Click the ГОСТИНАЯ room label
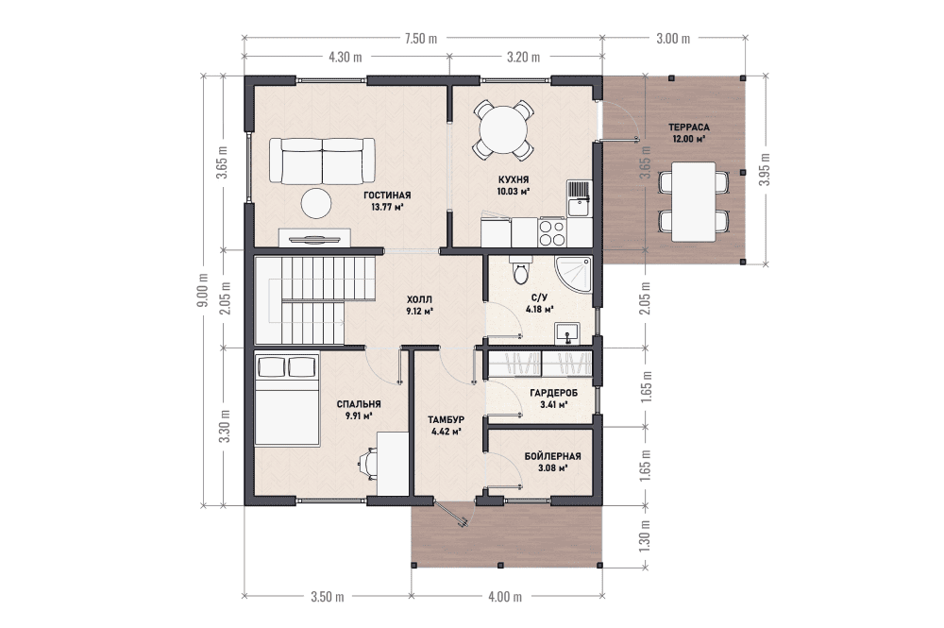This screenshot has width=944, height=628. click(387, 195)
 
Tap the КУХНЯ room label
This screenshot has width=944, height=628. click(513, 180)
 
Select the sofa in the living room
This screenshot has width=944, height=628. click(322, 161)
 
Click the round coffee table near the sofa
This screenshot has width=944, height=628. click(316, 203)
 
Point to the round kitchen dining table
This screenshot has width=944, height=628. click(503, 130)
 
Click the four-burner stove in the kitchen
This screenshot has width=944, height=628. click(552, 231)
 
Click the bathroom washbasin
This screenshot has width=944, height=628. click(567, 333)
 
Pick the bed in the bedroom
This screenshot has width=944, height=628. click(287, 399)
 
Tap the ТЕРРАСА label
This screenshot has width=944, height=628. click(689, 127)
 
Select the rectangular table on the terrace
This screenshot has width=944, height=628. click(694, 202)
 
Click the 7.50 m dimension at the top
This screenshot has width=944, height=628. click(421, 39)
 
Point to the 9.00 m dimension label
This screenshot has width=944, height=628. click(203, 290)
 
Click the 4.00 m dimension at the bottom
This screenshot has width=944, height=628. click(505, 597)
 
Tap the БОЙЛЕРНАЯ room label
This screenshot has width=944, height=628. click(552, 456)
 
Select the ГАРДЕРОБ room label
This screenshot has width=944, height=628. click(554, 393)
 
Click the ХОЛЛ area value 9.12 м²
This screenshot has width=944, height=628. click(420, 312)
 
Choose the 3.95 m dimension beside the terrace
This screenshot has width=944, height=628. click(765, 169)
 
